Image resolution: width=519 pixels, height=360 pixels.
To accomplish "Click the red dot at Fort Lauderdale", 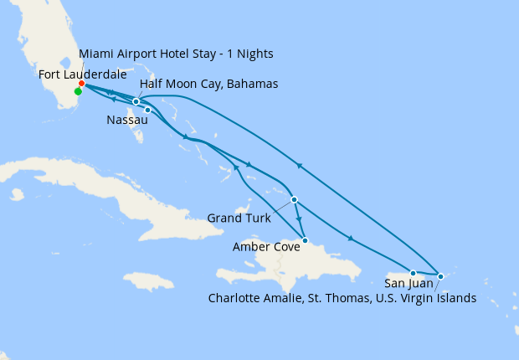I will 81,84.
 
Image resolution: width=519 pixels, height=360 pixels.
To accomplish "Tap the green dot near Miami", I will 78,92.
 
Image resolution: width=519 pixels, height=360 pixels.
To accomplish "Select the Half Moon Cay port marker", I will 136,102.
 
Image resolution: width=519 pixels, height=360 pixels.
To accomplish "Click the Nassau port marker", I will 147,110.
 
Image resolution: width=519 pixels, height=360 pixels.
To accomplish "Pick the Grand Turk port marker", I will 294,199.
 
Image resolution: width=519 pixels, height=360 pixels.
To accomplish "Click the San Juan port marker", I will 413,273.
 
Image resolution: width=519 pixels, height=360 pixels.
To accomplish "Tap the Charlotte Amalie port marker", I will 440,275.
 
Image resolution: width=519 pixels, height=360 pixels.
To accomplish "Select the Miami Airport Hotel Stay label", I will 176,54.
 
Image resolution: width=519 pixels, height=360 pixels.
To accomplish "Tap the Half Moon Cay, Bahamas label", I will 209,85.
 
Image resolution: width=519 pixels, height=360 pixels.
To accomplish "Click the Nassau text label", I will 127,121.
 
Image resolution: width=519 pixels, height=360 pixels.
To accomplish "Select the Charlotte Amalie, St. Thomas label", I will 343,297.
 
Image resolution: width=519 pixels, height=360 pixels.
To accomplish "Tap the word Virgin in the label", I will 416,297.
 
